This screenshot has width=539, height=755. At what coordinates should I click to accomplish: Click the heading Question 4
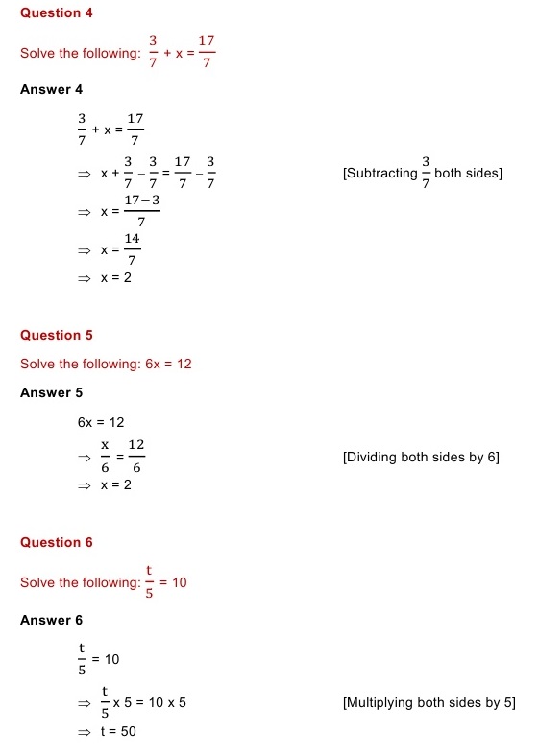(x=57, y=12)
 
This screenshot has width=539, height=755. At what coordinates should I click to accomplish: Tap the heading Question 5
(x=57, y=335)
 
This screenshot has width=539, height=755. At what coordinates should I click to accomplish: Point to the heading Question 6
(x=57, y=542)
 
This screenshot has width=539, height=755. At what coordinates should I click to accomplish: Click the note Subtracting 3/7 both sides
(x=423, y=174)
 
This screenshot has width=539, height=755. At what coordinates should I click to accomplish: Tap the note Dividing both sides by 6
(x=421, y=457)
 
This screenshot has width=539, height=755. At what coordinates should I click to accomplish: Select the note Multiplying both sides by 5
(x=429, y=702)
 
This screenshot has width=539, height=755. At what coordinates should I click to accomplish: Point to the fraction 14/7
(x=133, y=249)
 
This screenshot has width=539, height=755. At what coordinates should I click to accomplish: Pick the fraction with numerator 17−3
(x=141, y=210)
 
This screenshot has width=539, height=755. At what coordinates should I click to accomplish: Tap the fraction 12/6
(x=135, y=457)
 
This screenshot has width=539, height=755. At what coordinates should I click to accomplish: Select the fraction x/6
(x=106, y=457)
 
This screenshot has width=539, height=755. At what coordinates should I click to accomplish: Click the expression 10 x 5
(x=165, y=703)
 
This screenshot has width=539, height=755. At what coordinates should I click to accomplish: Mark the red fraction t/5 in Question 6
(x=150, y=582)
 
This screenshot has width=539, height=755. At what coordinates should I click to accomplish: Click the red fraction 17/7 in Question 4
(x=207, y=53)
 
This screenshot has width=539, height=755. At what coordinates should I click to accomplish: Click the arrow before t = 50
(x=84, y=732)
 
